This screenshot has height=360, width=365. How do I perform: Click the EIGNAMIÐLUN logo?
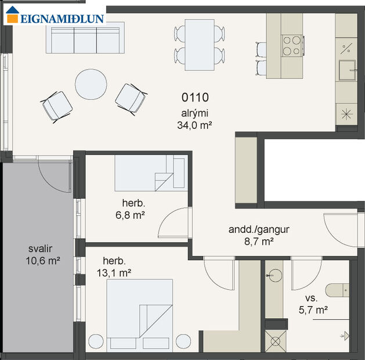coord(55,17)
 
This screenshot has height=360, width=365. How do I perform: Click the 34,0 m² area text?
coord(194,124)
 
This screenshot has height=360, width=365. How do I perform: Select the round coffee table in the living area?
coord(91,85)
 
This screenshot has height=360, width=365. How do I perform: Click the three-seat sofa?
coord(85,38)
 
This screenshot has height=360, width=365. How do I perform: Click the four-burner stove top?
coord(293,45)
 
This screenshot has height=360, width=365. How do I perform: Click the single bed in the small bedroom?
coord(150,173)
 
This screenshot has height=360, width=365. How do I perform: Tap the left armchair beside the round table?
coord(57,106)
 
